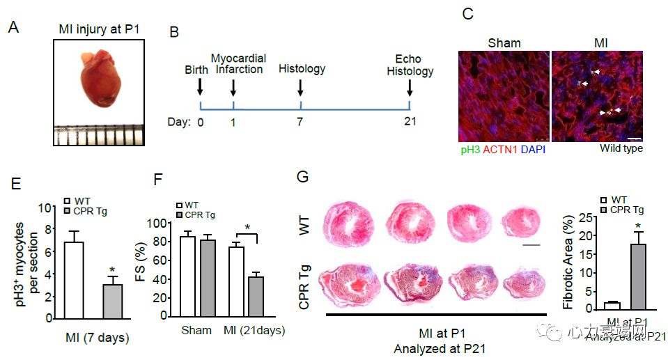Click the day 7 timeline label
point(300,123)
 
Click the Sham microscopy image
point(503,96)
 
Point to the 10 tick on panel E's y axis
point(48,208)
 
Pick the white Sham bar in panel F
point(187,276)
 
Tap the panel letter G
point(303,177)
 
